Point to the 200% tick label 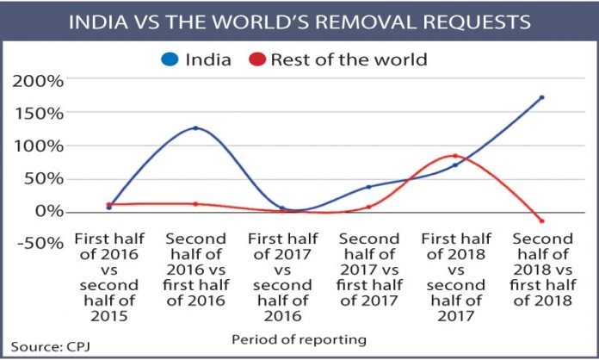(x=38, y=82)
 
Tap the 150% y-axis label (x=38, y=115)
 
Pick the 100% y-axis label (x=38, y=146)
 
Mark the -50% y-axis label (x=38, y=244)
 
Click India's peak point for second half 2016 (x=195, y=128)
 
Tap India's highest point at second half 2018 (x=541, y=97)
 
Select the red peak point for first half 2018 (x=454, y=156)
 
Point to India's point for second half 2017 (x=368, y=187)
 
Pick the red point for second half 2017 (x=368, y=207)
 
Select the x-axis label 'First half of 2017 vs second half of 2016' (x=282, y=270)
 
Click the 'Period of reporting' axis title (x=299, y=339)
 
